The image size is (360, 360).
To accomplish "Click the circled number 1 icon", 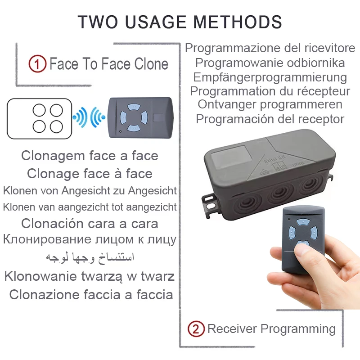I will [37, 64].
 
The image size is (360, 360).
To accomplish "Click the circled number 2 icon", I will [195, 329].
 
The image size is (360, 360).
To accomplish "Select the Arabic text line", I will [90, 257].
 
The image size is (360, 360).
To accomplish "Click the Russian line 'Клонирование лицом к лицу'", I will [90, 239].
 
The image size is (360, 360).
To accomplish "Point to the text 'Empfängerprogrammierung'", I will [270, 77].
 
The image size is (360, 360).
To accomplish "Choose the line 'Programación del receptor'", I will [270, 119].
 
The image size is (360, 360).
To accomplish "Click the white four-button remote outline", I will [40, 118].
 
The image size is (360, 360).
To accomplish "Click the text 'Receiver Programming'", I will [271, 329].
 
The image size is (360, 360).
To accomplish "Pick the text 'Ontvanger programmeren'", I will [270, 104].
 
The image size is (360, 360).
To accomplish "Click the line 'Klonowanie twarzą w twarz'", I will [90, 276].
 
